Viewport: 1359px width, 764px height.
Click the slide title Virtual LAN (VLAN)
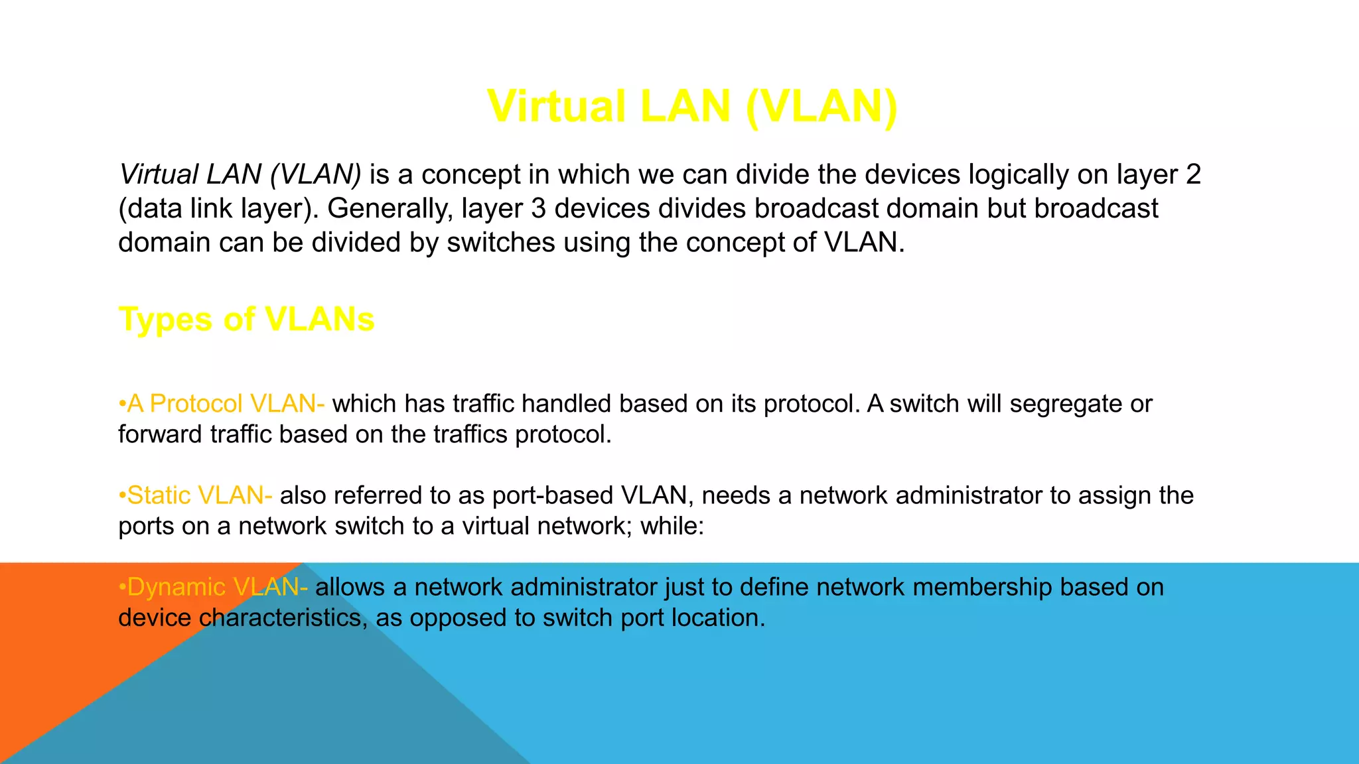coord(692,106)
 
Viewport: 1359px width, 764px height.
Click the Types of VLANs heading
coord(246,319)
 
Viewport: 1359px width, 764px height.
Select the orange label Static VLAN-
coord(196,495)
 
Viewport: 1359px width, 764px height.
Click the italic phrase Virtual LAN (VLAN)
coord(240,174)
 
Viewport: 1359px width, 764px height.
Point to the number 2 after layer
coord(1193,174)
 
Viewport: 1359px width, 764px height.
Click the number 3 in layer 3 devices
coord(538,208)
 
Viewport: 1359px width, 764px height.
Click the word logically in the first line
coord(1019,174)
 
